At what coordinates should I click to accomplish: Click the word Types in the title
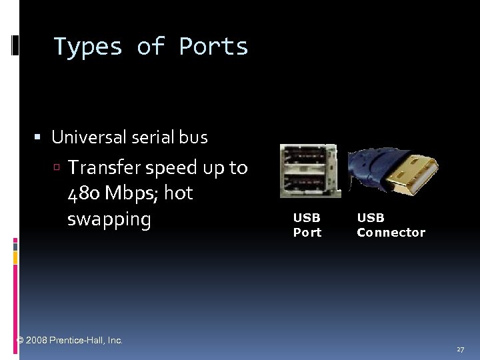(88, 47)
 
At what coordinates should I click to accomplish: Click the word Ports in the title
(213, 47)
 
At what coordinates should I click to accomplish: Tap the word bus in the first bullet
(193, 137)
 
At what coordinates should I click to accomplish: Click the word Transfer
(105, 167)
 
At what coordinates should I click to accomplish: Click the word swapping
(109, 219)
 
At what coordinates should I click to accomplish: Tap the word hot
(178, 193)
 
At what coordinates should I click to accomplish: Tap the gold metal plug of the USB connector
(413, 171)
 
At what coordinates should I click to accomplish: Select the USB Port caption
(307, 225)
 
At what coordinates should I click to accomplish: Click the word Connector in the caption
(391, 232)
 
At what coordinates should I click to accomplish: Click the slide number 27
(460, 349)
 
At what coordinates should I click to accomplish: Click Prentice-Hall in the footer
(79, 340)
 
